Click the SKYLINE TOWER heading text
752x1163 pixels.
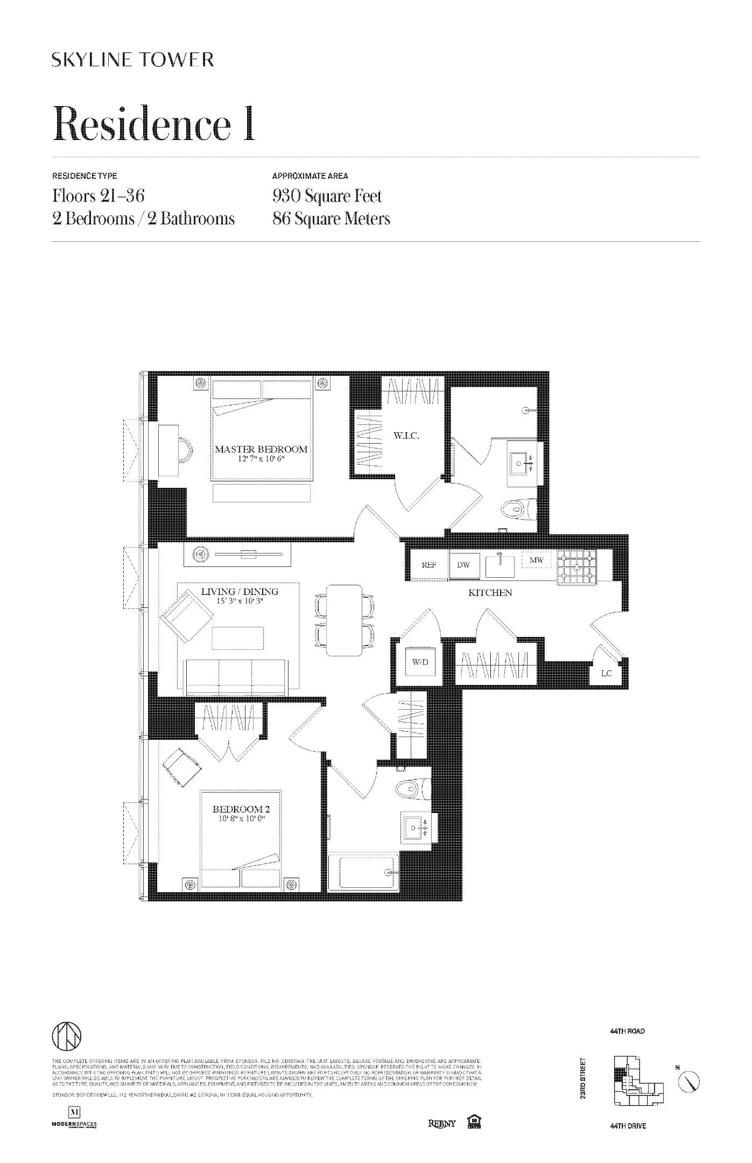tap(133, 59)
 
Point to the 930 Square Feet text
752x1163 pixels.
tap(327, 196)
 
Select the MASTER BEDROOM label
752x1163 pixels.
tap(261, 449)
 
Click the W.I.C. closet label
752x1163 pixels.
tap(405, 436)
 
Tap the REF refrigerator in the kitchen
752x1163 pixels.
tap(428, 565)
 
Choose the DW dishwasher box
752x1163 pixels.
tap(463, 565)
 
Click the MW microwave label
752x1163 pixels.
tap(537, 561)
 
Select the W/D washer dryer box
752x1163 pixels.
tap(420, 662)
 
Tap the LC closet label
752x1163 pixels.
tap(606, 673)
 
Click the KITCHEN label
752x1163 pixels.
tap(490, 593)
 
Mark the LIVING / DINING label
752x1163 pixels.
tap(240, 592)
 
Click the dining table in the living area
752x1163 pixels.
tap(345, 620)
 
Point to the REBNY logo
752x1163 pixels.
tap(441, 1123)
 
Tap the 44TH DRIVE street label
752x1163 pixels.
tap(628, 1126)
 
